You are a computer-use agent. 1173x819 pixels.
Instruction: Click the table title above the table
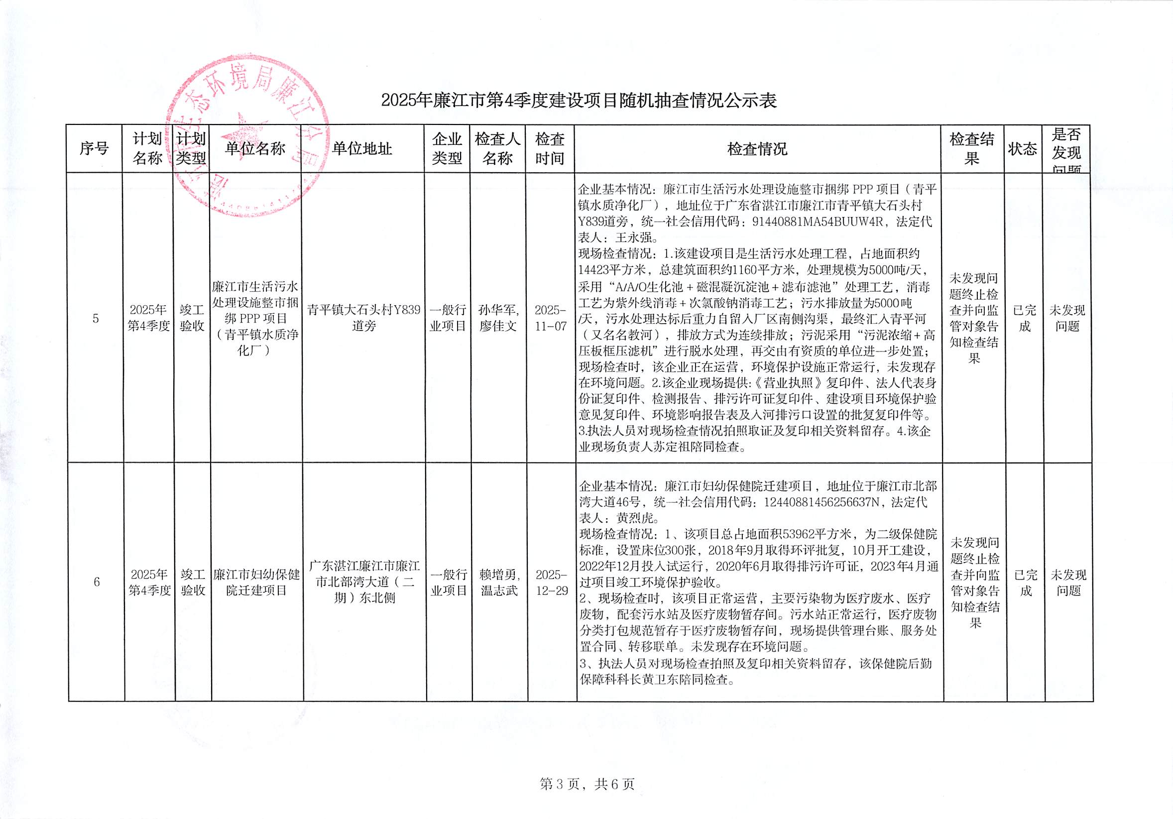coord(579,101)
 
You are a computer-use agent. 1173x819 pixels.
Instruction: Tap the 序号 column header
coord(94,149)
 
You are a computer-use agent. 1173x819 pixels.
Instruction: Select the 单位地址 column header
coord(362,149)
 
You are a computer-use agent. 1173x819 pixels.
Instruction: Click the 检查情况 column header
coord(757,149)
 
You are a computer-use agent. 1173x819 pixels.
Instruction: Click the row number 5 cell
coord(96,319)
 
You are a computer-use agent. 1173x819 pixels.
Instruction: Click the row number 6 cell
coord(97,582)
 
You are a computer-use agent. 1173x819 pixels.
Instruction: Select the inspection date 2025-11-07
coord(551,318)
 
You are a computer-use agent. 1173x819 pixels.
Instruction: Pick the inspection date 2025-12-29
coord(552,583)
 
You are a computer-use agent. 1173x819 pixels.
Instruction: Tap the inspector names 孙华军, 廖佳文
coord(498,318)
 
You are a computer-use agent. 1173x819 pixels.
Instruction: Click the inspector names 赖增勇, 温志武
coord(499,583)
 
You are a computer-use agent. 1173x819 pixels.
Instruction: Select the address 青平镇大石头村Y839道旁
coord(363,318)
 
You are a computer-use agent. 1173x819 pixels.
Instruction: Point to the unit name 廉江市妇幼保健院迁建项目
coord(256,583)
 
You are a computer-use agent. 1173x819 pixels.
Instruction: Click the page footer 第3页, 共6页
coord(587,784)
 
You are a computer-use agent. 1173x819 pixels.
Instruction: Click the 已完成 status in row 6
coord(1025,583)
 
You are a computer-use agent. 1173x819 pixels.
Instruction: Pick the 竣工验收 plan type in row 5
coord(192,318)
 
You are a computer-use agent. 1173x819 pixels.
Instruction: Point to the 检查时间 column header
coord(550,149)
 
